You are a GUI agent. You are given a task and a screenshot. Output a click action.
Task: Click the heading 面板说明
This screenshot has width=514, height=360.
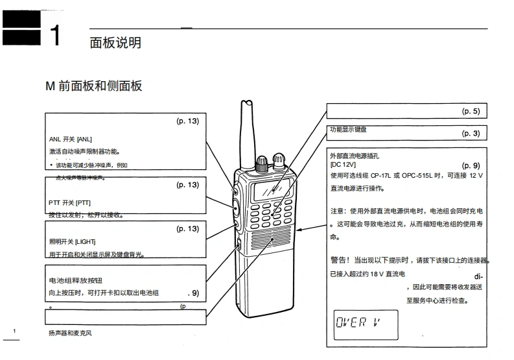[115, 43]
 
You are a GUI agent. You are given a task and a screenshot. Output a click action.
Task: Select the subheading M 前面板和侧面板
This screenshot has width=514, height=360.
[93, 86]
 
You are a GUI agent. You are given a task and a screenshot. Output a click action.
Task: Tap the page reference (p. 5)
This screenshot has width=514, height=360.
[471, 112]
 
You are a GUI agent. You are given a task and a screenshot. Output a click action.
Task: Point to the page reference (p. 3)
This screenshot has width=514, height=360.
[471, 134]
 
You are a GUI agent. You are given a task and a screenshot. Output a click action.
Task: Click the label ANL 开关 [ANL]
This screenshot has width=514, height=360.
[71, 139]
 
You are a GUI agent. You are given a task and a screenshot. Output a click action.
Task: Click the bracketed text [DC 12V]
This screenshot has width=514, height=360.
[343, 165]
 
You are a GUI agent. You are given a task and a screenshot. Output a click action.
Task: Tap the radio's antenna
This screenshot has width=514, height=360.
[247, 133]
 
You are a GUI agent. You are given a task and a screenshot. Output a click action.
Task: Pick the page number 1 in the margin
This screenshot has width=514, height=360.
[14, 331]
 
